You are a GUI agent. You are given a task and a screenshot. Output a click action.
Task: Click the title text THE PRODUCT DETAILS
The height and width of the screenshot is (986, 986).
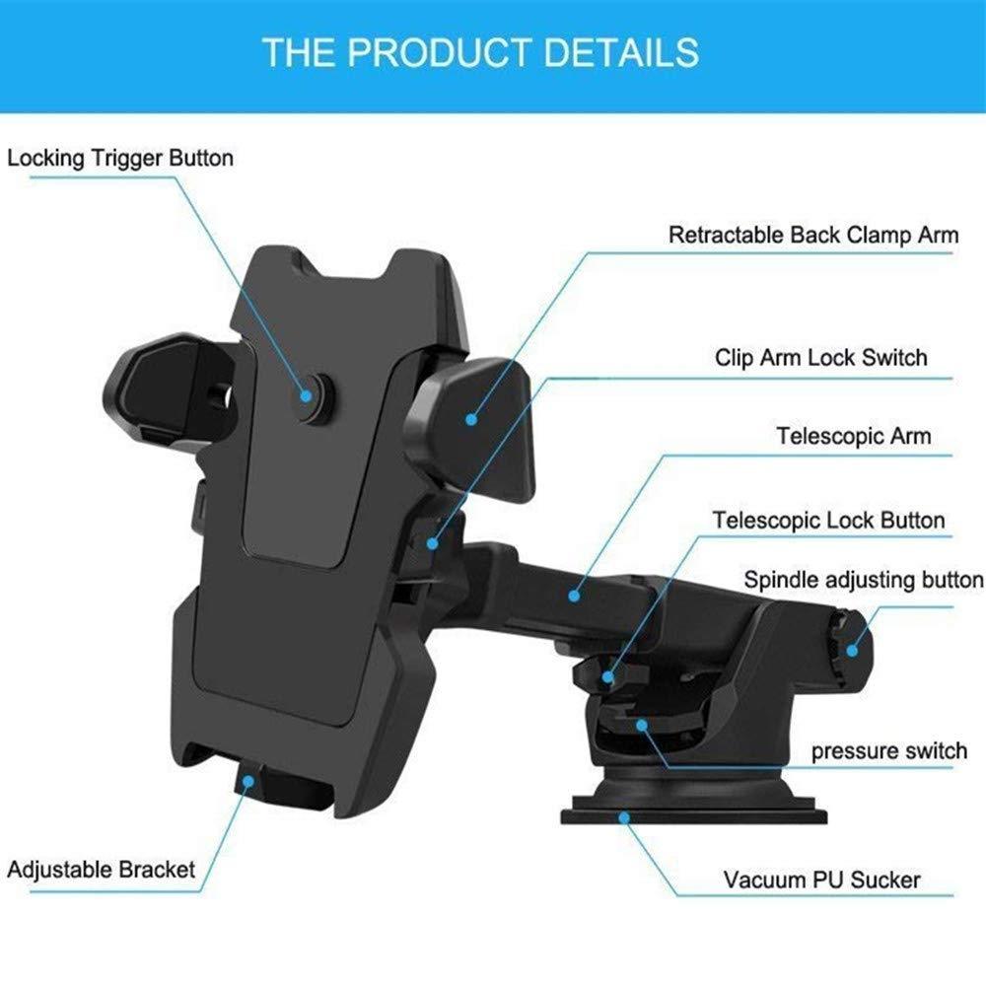point(480,51)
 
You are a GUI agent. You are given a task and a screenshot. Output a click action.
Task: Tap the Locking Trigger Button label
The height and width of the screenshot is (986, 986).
point(120,158)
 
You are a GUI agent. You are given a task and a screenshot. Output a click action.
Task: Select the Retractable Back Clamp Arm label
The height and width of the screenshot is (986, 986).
point(813,236)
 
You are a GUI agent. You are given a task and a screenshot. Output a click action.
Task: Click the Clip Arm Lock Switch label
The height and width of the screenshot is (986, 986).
point(821,357)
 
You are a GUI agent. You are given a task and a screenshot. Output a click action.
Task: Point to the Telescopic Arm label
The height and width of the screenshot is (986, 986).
point(853,435)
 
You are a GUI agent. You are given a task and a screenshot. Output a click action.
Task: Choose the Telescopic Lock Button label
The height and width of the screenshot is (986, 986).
point(829,520)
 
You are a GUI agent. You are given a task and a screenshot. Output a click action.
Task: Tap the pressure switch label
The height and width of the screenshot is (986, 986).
point(889,751)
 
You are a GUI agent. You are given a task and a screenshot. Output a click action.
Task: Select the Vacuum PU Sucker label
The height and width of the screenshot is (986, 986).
point(823,879)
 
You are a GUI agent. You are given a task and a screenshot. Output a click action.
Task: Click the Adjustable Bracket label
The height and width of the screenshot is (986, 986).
point(102,870)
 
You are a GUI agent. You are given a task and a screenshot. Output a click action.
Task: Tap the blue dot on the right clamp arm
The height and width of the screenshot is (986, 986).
point(471,419)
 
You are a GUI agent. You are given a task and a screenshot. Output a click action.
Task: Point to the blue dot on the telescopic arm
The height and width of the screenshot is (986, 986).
point(572,595)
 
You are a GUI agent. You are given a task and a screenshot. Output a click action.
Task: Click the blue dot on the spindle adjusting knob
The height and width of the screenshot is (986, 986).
point(851,650)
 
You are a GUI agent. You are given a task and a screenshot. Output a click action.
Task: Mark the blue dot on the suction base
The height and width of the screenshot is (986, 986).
point(624,815)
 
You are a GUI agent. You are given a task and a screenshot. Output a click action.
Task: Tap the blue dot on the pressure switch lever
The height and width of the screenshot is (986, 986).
point(642,725)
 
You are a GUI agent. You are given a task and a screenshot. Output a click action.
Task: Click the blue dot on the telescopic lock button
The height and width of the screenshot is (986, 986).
point(608,677)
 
